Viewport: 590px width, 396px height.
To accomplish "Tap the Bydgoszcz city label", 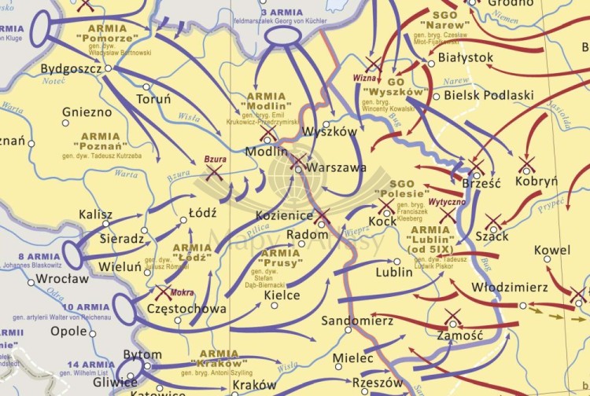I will [71, 69].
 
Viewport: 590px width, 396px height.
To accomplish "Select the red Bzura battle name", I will [216, 159].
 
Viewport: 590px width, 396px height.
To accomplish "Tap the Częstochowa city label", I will [186, 309].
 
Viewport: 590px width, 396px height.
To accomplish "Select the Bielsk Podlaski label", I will [489, 95].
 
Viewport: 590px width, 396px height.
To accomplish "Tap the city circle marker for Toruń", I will [146, 86].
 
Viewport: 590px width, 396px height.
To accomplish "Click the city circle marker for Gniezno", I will [66, 123].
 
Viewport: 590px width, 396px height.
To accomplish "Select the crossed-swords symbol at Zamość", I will [452, 318].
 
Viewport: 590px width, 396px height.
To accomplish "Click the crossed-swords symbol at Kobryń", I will [526, 165].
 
